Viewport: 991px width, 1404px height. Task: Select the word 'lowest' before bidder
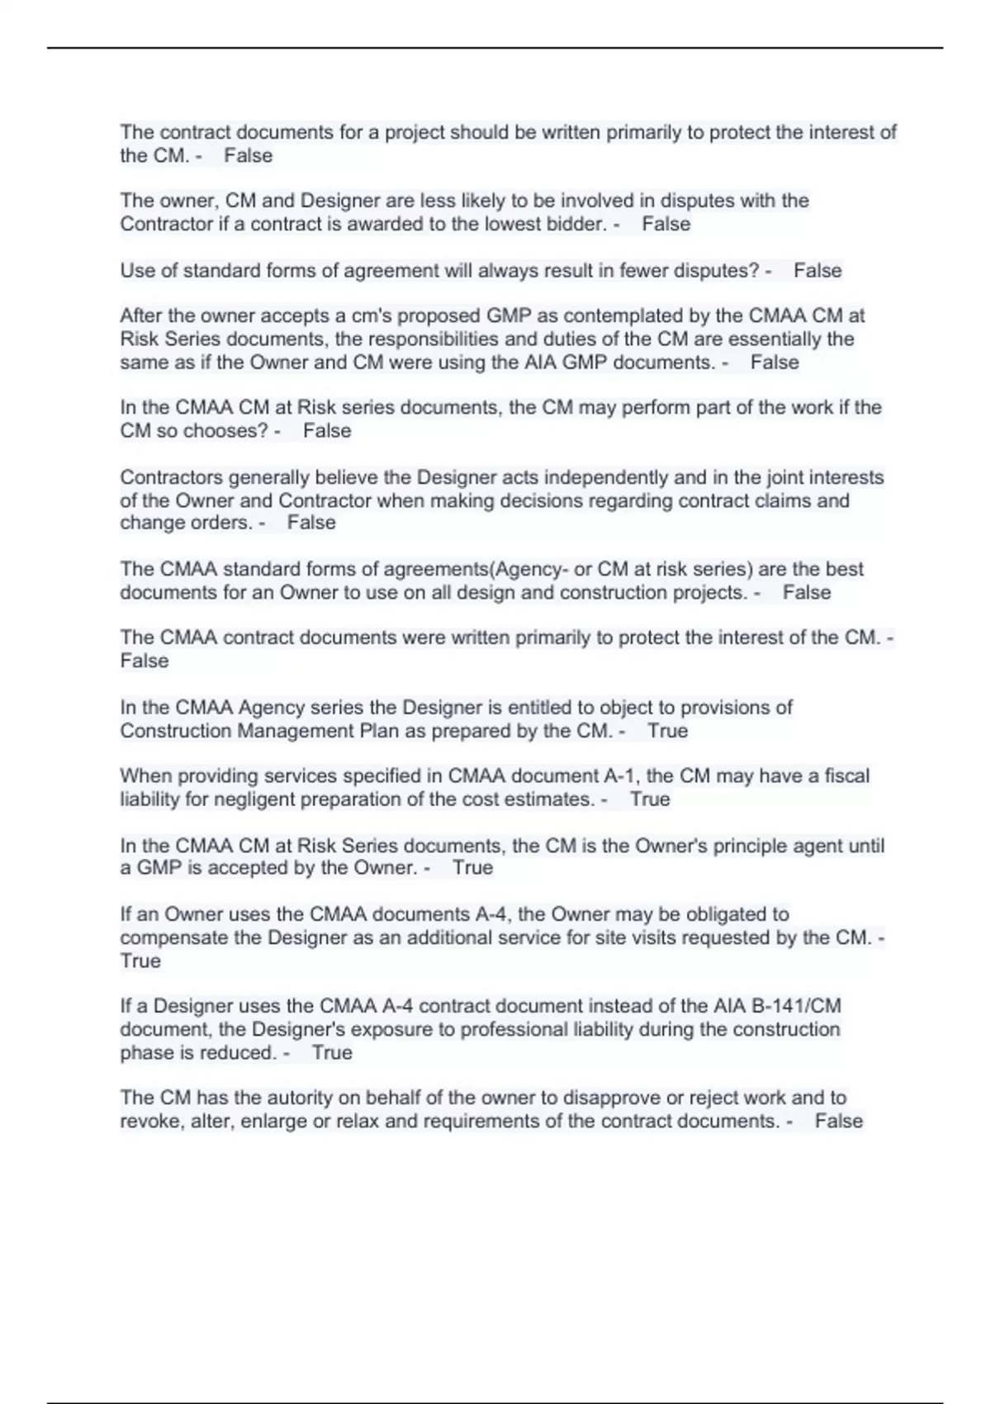[x=506, y=224]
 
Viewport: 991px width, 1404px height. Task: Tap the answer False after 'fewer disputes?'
[x=818, y=270]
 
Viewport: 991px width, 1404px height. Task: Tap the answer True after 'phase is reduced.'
[x=332, y=1052]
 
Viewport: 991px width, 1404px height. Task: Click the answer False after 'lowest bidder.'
[x=666, y=224]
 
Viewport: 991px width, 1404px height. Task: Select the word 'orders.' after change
[x=222, y=523]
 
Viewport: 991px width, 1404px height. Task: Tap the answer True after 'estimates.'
[x=650, y=799]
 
